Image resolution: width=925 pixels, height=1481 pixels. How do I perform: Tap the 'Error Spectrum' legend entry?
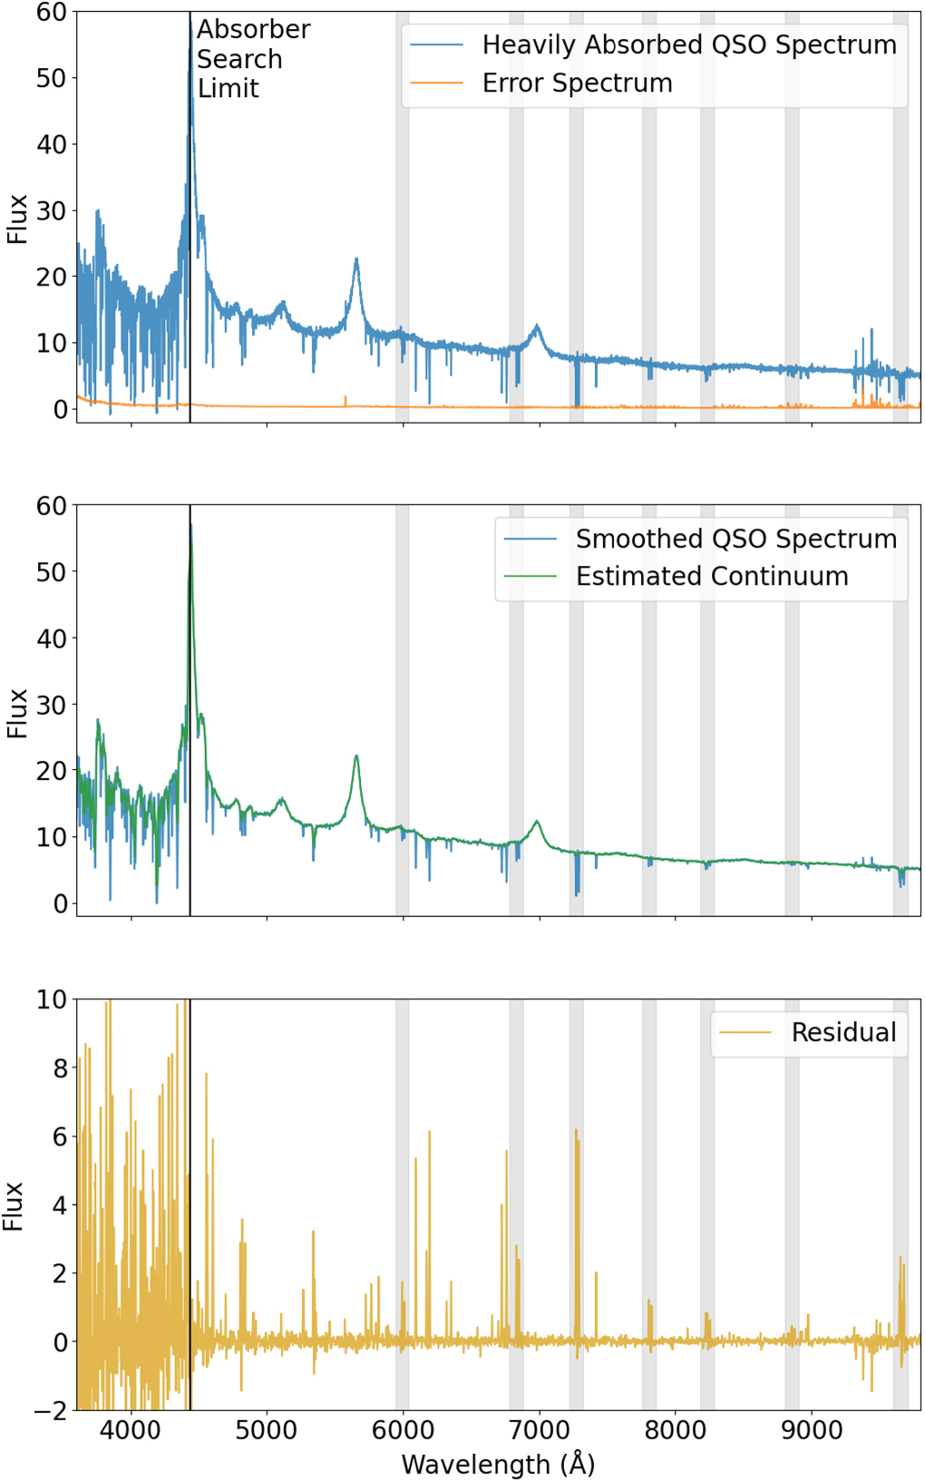point(577,83)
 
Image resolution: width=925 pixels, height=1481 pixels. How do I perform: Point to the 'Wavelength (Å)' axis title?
point(498,1464)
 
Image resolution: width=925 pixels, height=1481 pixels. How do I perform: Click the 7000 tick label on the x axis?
point(539,1430)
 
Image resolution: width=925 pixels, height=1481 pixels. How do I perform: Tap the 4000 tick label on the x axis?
point(131,1430)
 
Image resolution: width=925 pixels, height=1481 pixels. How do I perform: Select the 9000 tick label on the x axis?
point(812,1430)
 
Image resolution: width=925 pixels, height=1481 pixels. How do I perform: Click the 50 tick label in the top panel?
point(51,78)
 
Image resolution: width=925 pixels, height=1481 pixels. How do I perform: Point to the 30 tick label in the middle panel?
point(51,705)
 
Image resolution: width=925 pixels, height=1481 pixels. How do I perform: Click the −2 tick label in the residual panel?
point(51,1411)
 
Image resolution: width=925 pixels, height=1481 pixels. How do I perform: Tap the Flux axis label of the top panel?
point(17,219)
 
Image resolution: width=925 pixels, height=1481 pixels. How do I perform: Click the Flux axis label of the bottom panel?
point(13,1205)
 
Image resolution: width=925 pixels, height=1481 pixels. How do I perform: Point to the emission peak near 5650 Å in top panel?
point(356,260)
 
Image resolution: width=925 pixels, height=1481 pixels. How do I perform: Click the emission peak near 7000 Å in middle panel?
point(537,822)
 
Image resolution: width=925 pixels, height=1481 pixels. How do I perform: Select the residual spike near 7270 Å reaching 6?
point(576,1133)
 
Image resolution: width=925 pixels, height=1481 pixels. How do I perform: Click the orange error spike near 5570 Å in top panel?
point(346,398)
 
